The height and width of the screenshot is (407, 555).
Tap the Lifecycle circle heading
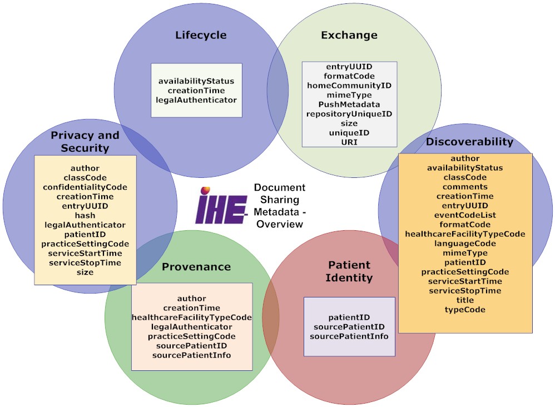tap(201, 35)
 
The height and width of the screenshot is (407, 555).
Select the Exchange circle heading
tap(349, 35)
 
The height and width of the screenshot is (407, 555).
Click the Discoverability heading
tap(469, 142)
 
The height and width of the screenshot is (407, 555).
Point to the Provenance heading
tap(196, 267)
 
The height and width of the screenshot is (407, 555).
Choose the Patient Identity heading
tap(349, 271)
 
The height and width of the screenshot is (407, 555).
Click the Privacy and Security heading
tap(85, 141)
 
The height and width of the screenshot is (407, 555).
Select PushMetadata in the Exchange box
tap(349, 105)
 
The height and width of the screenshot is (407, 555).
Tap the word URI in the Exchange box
tap(349, 142)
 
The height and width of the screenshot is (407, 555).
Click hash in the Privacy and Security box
tap(85, 215)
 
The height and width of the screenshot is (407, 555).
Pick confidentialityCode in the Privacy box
tap(85, 187)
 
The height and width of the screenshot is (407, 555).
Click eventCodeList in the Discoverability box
tap(465, 215)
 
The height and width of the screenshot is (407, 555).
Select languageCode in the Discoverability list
tap(465, 243)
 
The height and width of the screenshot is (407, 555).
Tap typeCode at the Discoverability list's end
tap(465, 310)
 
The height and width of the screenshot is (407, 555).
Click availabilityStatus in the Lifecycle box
tap(196, 81)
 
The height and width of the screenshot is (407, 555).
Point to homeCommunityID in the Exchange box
tap(349, 86)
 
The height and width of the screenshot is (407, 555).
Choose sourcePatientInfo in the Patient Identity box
tap(349, 336)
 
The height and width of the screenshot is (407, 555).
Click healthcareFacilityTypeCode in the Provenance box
tap(192, 317)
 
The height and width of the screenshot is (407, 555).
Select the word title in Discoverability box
tap(465, 300)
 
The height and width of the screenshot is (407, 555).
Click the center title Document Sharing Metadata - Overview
tap(280, 206)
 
